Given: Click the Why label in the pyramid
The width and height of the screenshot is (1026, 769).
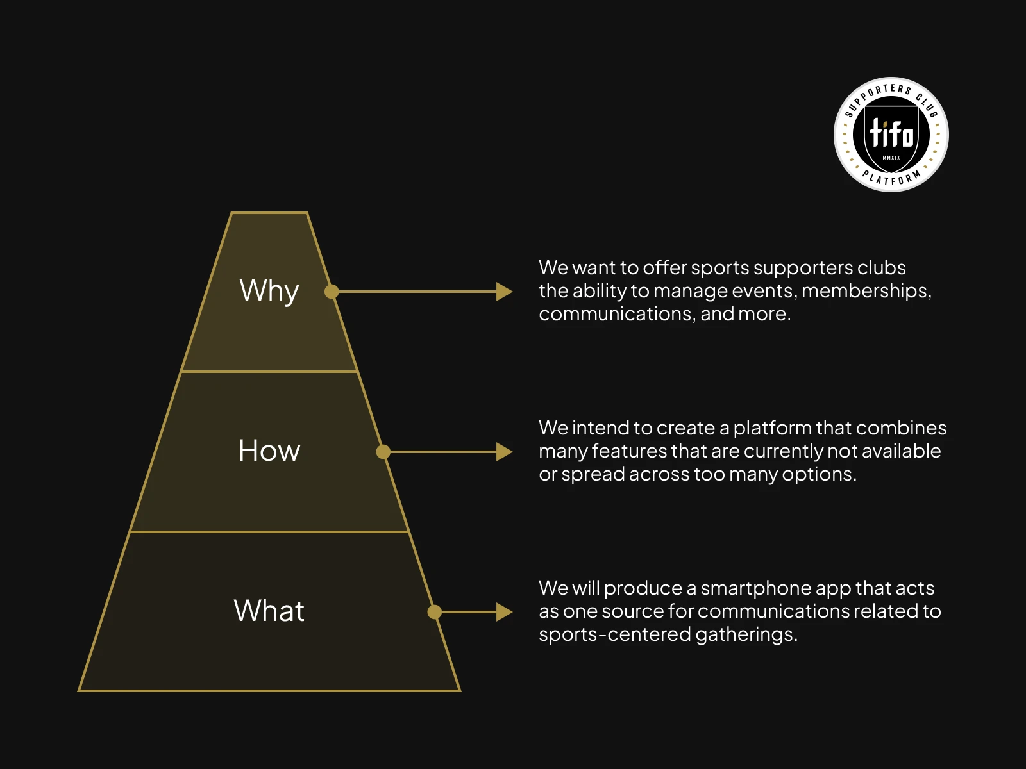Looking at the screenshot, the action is [269, 290].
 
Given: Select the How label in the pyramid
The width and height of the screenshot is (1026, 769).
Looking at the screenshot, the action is [269, 451].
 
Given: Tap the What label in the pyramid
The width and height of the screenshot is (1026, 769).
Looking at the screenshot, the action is [269, 611].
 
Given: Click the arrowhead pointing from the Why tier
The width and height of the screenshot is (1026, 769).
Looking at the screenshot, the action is [505, 292].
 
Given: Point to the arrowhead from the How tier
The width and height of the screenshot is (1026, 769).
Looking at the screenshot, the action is [505, 452].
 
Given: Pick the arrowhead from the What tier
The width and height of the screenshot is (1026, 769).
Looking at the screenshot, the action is [505, 612].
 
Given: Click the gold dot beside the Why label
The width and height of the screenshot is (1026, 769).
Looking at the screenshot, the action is [332, 292].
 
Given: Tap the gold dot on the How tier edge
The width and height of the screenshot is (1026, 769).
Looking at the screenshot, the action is [383, 452].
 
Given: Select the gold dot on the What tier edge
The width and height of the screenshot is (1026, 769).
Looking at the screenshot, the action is [435, 612].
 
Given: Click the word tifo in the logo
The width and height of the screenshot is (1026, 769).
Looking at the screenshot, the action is [891, 133].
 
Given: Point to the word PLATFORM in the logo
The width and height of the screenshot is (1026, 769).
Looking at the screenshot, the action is [891, 178].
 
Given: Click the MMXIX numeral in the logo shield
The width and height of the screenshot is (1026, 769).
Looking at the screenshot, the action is [891, 158].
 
